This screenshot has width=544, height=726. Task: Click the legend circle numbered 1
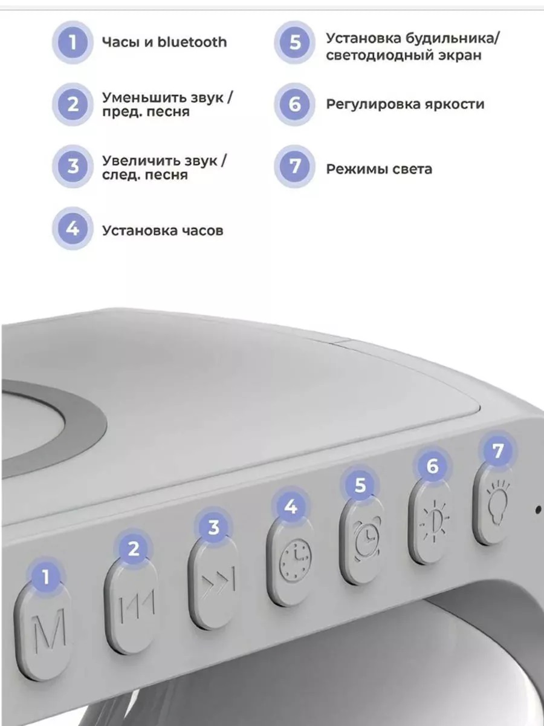[73, 42]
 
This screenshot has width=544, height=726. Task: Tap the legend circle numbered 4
[73, 229]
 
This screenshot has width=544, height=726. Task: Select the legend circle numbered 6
[294, 104]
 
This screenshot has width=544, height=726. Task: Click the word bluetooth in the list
[192, 42]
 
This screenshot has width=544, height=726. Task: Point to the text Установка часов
[163, 231]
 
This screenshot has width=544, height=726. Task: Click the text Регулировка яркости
[405, 105]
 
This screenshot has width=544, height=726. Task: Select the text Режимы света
[379, 169]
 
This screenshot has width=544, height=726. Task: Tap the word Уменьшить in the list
[144, 97]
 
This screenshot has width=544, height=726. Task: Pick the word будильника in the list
[453, 39]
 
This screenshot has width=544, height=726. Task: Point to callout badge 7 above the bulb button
[497, 451]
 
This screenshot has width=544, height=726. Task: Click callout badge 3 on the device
[213, 527]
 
